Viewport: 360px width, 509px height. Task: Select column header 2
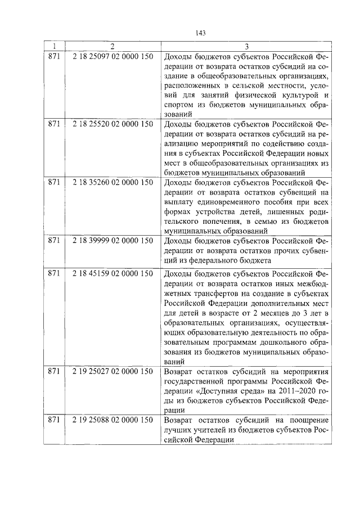(112, 46)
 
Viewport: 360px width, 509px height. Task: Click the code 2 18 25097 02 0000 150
(113, 56)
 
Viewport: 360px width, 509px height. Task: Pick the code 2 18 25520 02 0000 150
(113, 123)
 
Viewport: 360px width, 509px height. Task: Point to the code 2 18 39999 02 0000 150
(113, 241)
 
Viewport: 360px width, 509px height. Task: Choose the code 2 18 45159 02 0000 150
(113, 274)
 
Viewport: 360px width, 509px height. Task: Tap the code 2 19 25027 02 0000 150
(113, 371)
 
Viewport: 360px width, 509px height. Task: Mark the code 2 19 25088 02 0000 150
(113, 420)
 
